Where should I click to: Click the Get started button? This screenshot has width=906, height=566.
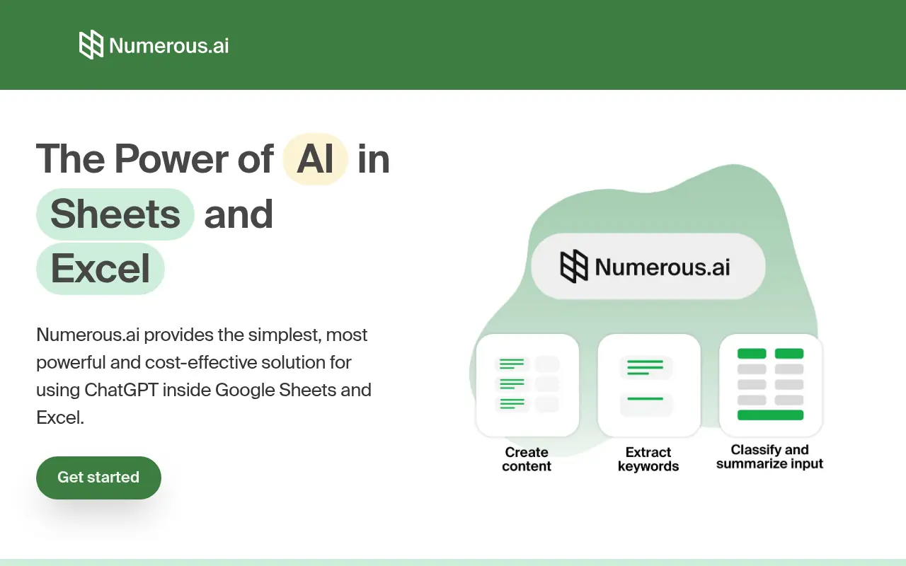(x=98, y=478)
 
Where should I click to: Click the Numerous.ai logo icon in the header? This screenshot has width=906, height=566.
(x=91, y=45)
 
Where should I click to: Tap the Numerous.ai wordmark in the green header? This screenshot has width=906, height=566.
(x=169, y=46)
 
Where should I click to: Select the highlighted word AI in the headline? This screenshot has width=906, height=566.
(x=315, y=158)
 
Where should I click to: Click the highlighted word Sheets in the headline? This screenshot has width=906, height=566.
(x=115, y=214)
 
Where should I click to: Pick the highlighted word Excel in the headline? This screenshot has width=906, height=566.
(x=101, y=269)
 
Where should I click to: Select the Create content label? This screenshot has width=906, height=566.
(x=527, y=459)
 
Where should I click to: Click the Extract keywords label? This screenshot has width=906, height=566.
(x=648, y=459)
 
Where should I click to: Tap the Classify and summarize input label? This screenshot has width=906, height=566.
(x=770, y=457)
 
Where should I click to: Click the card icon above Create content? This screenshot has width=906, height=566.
(x=528, y=385)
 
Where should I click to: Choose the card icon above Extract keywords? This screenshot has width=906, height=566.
(x=649, y=385)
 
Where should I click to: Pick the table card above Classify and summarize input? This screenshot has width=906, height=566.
(x=771, y=385)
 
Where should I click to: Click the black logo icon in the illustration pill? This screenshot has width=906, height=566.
(x=574, y=267)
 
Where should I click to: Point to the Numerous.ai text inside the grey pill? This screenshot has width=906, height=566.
(x=663, y=267)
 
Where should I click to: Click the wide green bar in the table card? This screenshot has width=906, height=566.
(x=770, y=415)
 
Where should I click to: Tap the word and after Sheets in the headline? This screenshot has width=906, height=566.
(x=239, y=214)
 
